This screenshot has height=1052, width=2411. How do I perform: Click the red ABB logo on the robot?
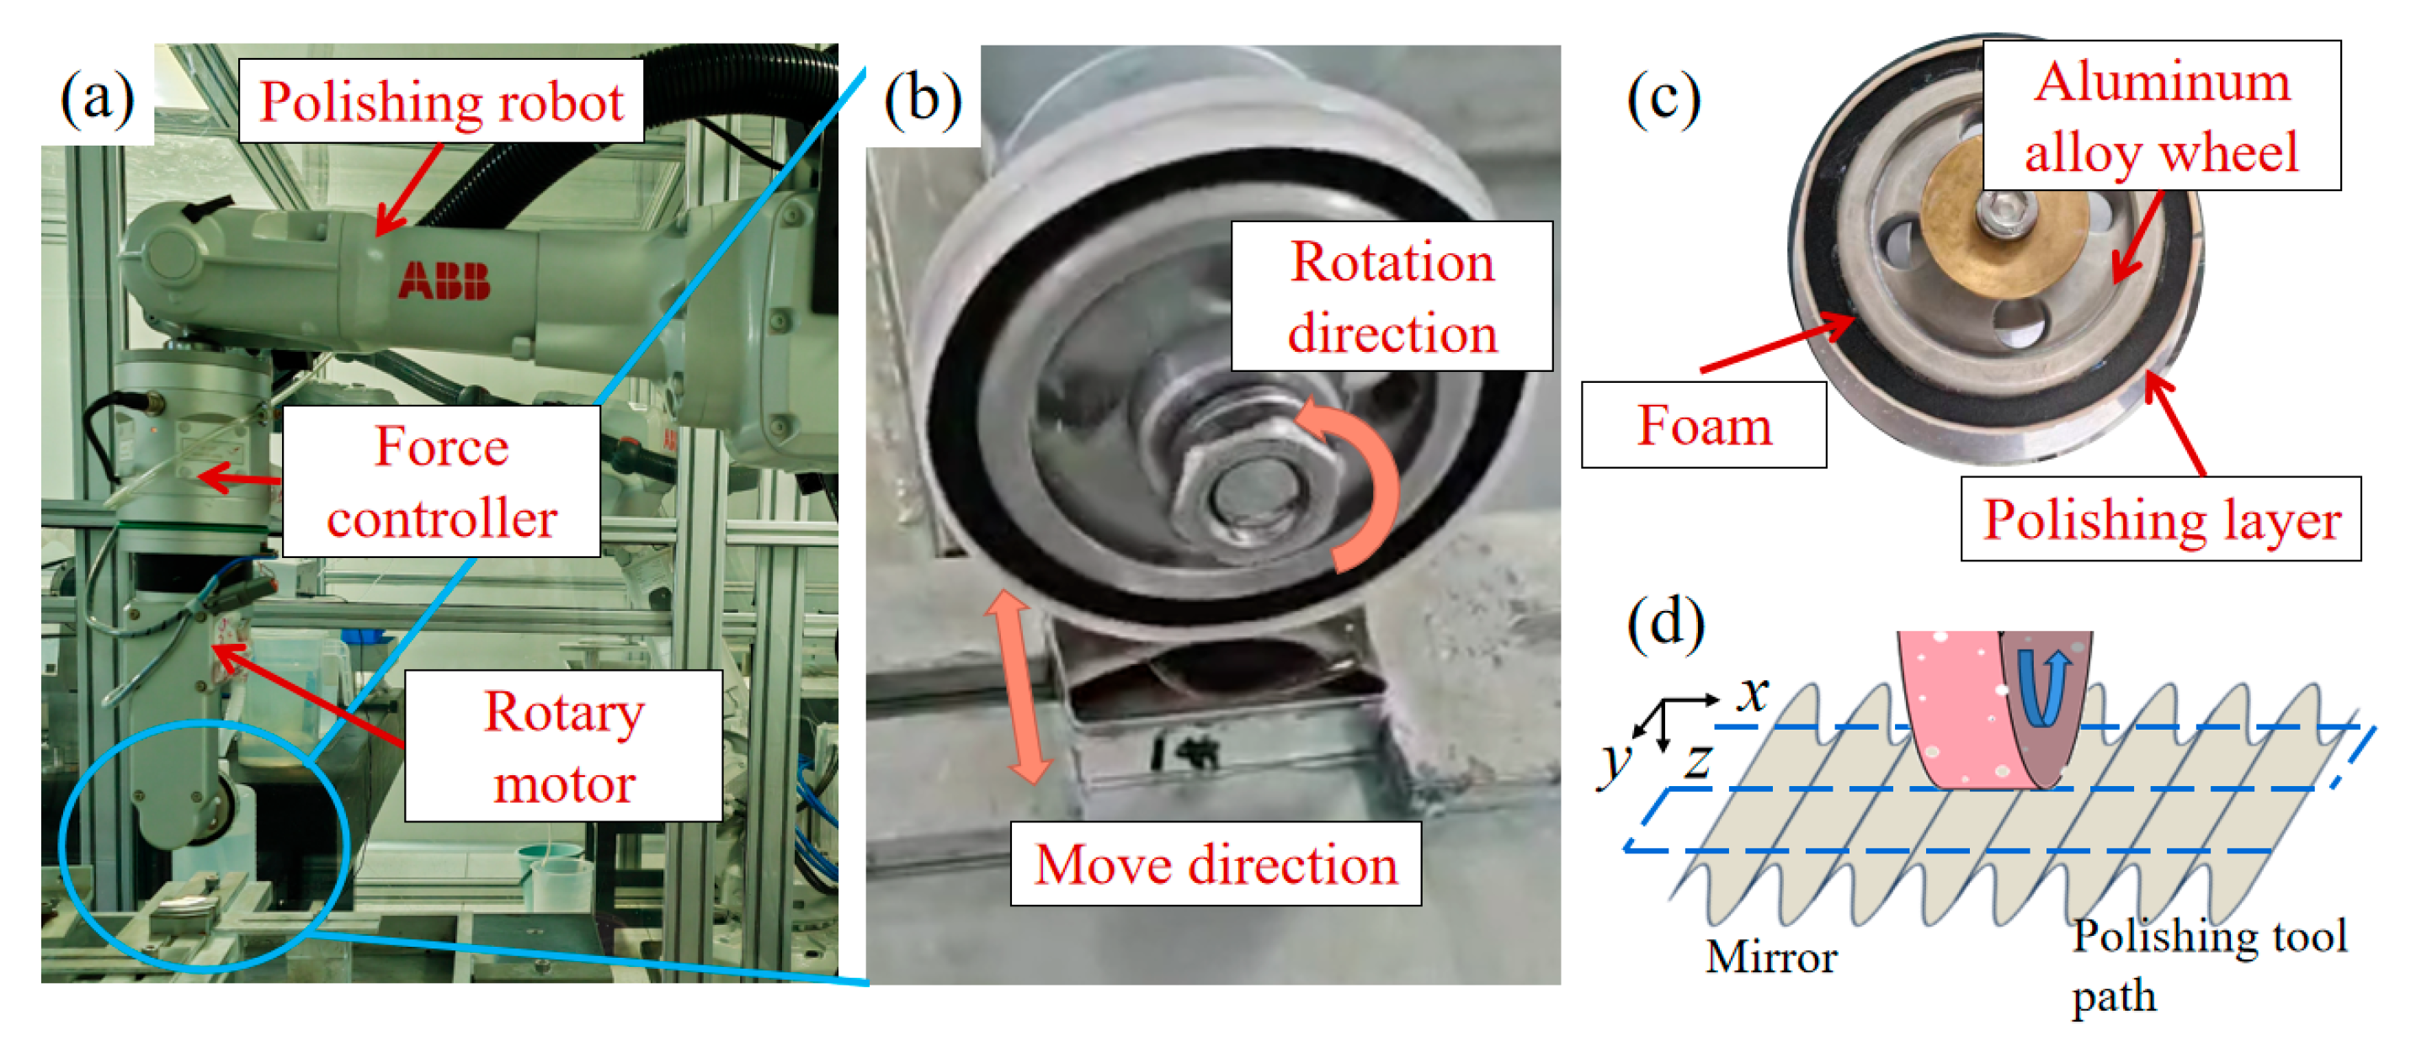pos(444,280)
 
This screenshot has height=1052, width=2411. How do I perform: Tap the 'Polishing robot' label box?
pos(441,101)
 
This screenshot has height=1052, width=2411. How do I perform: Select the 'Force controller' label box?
pos(441,481)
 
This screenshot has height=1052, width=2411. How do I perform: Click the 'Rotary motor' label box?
pos(563,746)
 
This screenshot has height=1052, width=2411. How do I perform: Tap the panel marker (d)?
pos(1665,623)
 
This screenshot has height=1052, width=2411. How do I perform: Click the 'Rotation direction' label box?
pos(1391,297)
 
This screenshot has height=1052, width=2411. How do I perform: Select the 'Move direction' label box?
pos(1215,863)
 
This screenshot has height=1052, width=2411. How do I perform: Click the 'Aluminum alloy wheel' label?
pos(2161,116)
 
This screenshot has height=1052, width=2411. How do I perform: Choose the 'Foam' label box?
pos(1703,425)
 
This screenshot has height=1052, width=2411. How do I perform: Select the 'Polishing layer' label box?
pos(2160,519)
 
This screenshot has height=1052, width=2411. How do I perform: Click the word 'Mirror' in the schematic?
pos(1771,957)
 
